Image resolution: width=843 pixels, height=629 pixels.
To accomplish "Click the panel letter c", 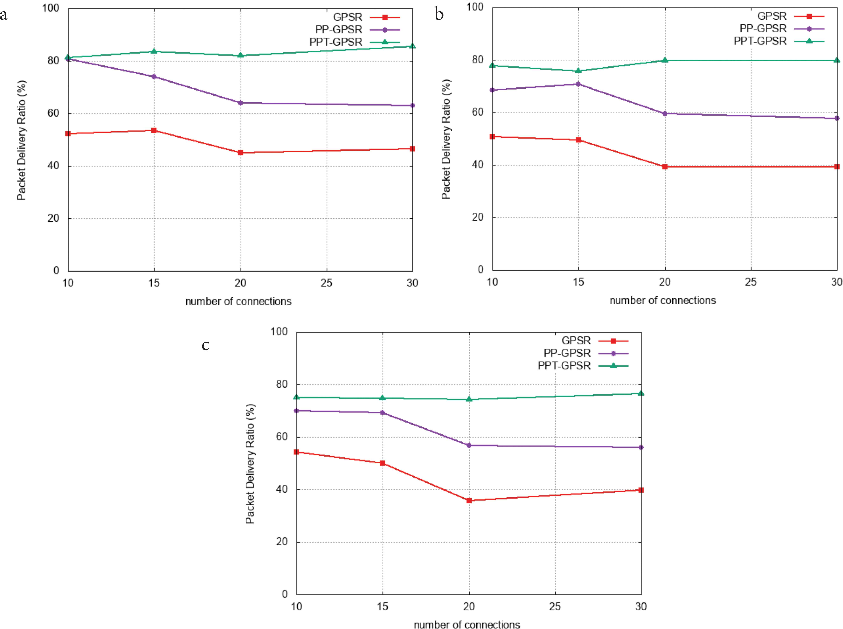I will click(x=205, y=345).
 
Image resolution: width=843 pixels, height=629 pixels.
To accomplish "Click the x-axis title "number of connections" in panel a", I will click(x=238, y=302).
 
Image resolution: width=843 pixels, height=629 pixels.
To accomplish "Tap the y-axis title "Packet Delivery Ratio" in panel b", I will click(x=446, y=139).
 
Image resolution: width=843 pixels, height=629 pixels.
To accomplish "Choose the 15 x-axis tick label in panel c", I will click(x=383, y=607).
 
